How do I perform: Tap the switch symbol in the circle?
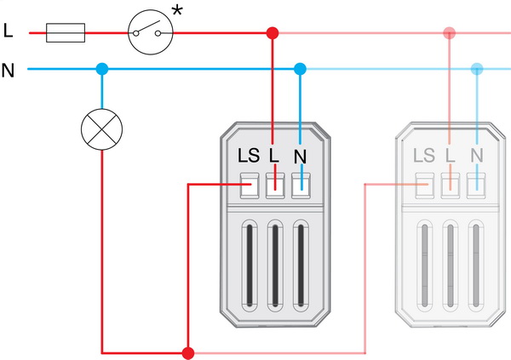[151, 33]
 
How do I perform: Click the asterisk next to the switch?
[178, 12]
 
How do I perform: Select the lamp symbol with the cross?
[101, 129]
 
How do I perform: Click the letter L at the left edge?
[8, 32]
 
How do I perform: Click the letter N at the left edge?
[9, 70]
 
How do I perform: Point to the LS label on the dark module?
[249, 157]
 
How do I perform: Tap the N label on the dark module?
[299, 157]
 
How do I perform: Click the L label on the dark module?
[273, 157]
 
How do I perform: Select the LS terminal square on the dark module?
[249, 184]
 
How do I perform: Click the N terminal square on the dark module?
[299, 184]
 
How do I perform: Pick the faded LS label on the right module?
[423, 157]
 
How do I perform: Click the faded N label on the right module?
[476, 157]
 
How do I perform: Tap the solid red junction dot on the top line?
[273, 33]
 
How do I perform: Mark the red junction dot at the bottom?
[188, 351]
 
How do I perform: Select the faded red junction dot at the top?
[449, 33]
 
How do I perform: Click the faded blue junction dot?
[476, 68]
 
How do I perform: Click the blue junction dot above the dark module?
[299, 68]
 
